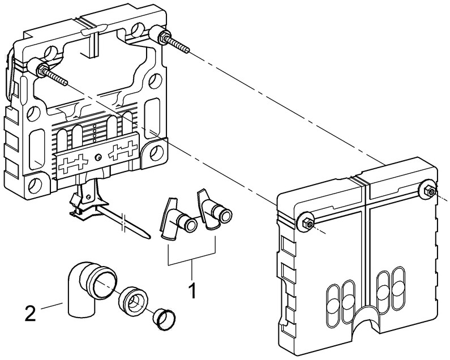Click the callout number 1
point(192,291)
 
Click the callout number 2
point(33,312)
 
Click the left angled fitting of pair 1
point(175,220)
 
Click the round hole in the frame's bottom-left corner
point(35,185)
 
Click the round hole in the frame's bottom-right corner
point(151,152)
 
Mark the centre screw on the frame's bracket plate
point(98,158)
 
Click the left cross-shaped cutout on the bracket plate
point(74,163)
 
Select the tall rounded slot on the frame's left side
point(38,144)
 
